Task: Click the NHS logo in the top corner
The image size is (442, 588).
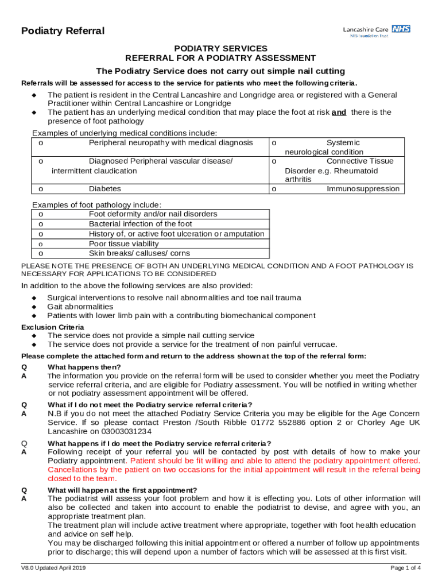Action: point(401,29)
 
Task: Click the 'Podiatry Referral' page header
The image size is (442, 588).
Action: point(63,31)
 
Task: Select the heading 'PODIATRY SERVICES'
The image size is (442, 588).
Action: point(221,49)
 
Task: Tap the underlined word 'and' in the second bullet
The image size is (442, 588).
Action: point(339,113)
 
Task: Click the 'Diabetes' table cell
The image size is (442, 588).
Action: point(105,189)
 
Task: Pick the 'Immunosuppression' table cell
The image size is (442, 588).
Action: point(363,189)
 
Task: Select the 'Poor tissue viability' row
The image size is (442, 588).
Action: point(123,243)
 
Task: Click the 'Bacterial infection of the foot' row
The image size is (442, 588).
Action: point(141,224)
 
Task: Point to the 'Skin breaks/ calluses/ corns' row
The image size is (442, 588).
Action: point(139,253)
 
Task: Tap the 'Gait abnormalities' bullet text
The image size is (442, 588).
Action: point(80,307)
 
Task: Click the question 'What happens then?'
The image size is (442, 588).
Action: point(84,367)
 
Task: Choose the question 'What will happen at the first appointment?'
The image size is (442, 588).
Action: point(122,490)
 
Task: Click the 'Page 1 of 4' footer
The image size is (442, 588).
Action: point(405,568)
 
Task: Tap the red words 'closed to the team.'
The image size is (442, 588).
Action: point(82,478)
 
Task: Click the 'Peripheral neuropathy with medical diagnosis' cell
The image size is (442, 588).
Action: point(170,142)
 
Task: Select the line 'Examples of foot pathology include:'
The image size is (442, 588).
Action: point(97,205)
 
